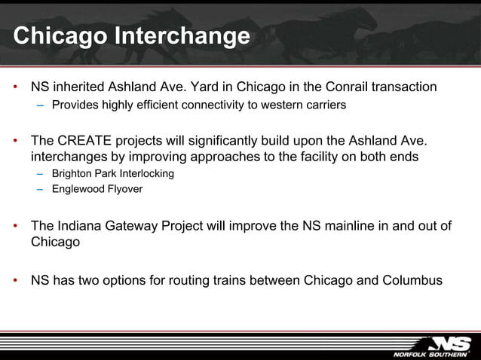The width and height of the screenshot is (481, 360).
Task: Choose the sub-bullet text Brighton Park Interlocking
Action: pos(112,174)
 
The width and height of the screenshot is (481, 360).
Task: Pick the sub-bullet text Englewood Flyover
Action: pos(97,189)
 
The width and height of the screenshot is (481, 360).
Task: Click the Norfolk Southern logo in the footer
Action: pos(430,346)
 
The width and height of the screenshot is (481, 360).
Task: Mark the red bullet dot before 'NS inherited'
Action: pos(15,88)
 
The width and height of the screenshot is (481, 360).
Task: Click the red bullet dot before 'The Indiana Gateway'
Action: pos(15,227)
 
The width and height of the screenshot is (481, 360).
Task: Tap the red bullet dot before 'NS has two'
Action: pos(15,282)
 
